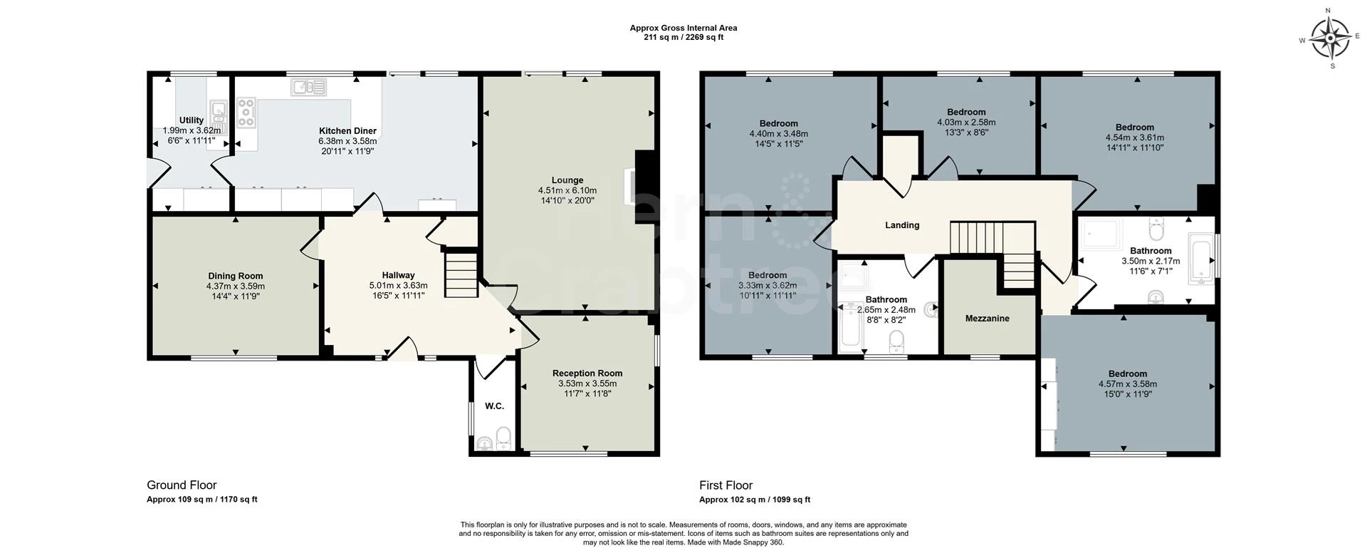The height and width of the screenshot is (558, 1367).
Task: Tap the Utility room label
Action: pyautogui.click(x=192, y=120)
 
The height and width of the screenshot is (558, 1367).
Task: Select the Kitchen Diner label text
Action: pyautogui.click(x=347, y=131)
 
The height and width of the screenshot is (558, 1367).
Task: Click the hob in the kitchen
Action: pyautogui.click(x=246, y=113)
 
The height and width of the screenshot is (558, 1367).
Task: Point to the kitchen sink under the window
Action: pyautogui.click(x=308, y=88)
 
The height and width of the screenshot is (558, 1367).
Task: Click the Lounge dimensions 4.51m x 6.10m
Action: pyautogui.click(x=567, y=190)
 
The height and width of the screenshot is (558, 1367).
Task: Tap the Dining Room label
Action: pyautogui.click(x=235, y=276)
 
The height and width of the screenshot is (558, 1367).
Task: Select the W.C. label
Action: pyautogui.click(x=494, y=406)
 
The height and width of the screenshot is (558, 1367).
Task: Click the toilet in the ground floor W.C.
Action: pyautogui.click(x=503, y=437)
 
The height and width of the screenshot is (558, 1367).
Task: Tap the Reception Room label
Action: pyautogui.click(x=587, y=373)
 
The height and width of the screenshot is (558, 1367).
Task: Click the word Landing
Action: pyautogui.click(x=902, y=225)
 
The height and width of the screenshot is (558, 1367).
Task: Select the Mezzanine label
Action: pyautogui.click(x=987, y=319)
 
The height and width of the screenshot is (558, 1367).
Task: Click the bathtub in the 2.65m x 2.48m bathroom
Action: pyautogui.click(x=850, y=327)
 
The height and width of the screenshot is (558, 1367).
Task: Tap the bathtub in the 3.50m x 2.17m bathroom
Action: pyautogui.click(x=1200, y=262)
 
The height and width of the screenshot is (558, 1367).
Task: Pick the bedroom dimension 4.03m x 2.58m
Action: pyautogui.click(x=966, y=122)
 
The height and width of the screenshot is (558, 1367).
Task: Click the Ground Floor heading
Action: pyautogui.click(x=182, y=485)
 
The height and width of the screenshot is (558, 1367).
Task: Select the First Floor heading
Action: pyautogui.click(x=726, y=485)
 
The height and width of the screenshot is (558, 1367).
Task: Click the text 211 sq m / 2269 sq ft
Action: pyautogui.click(x=683, y=38)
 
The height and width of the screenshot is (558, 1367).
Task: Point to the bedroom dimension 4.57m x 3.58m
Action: pyautogui.click(x=1127, y=384)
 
